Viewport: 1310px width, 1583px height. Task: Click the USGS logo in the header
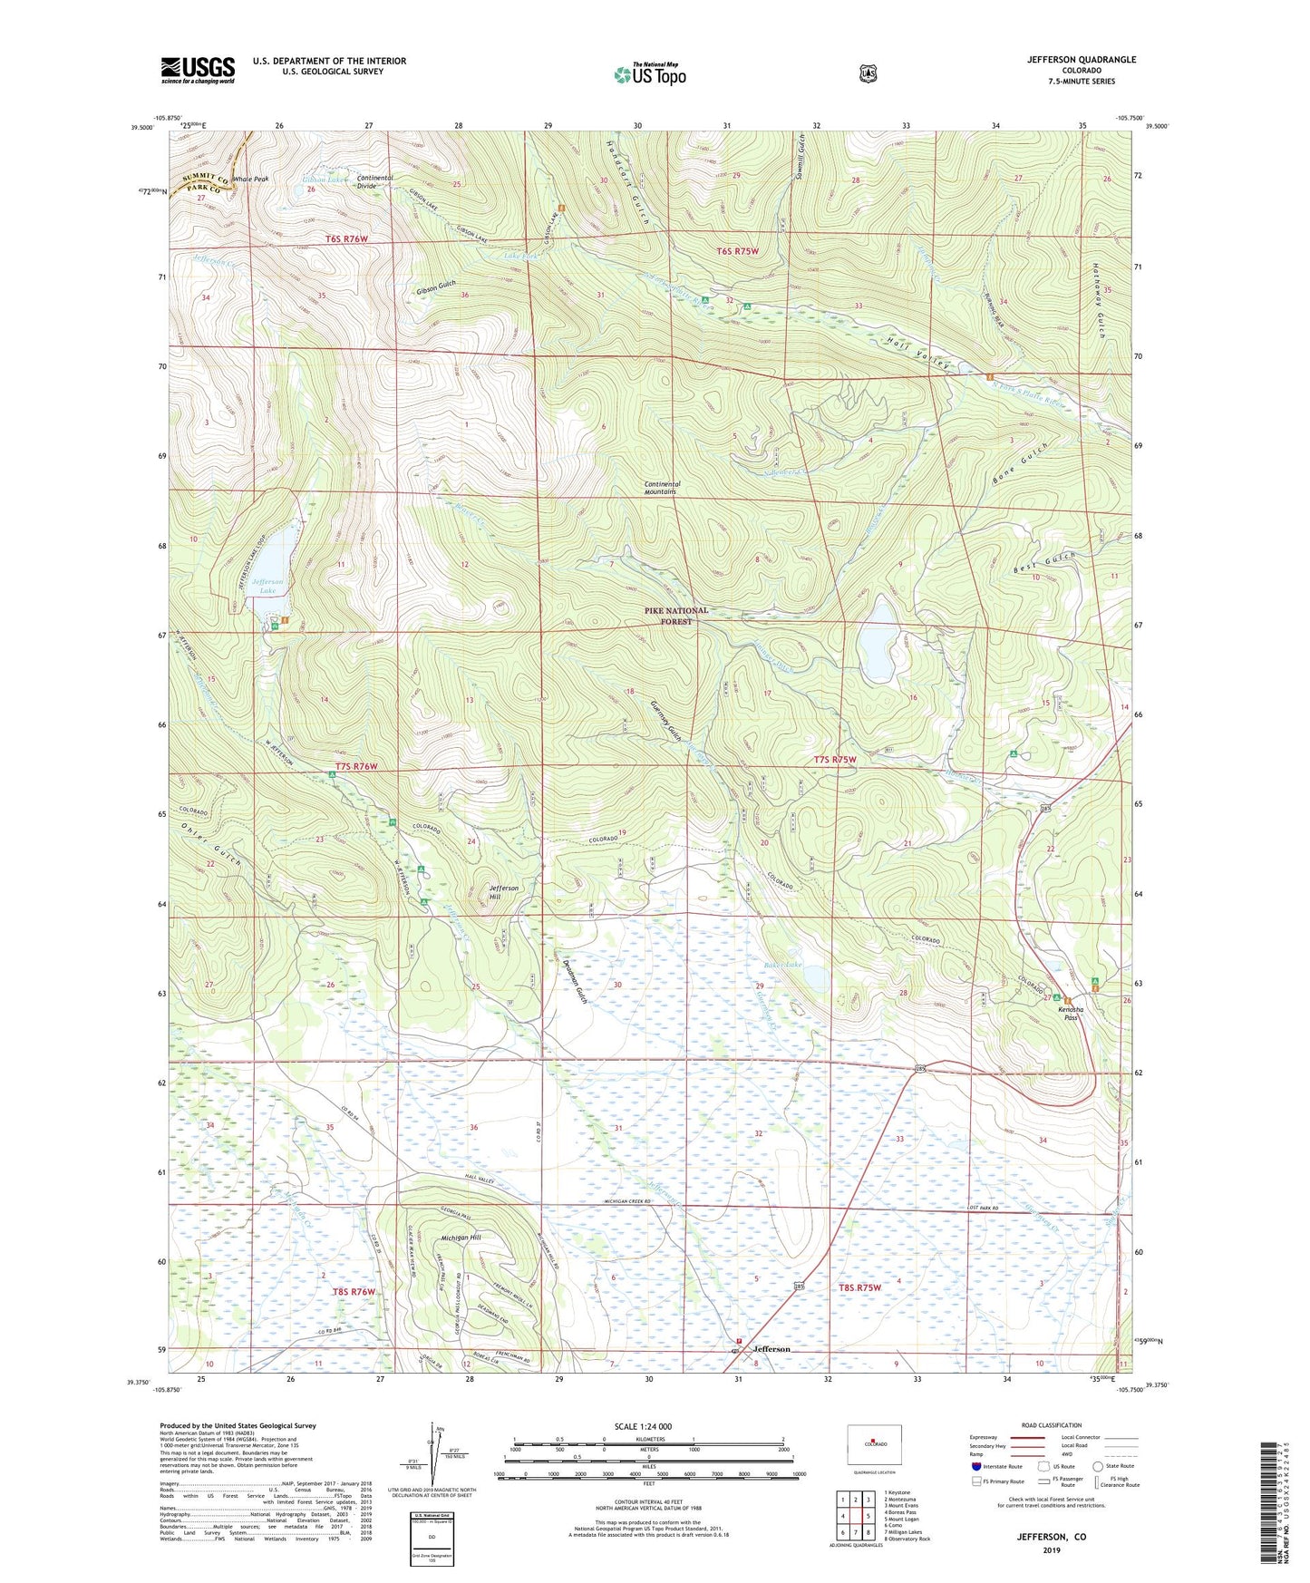tap(198, 70)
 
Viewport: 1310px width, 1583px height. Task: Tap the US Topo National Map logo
tap(649, 73)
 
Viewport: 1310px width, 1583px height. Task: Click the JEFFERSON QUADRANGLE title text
tap(1081, 60)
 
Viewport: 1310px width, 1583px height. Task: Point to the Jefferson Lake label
tap(267, 586)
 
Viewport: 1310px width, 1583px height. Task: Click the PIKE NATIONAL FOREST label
tap(676, 616)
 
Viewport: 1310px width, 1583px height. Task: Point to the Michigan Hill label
tap(461, 1238)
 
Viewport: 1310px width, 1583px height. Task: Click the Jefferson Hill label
tap(504, 892)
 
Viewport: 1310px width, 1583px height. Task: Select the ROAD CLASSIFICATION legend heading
tap(1051, 1426)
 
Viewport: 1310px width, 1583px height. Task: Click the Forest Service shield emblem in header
tap(868, 73)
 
